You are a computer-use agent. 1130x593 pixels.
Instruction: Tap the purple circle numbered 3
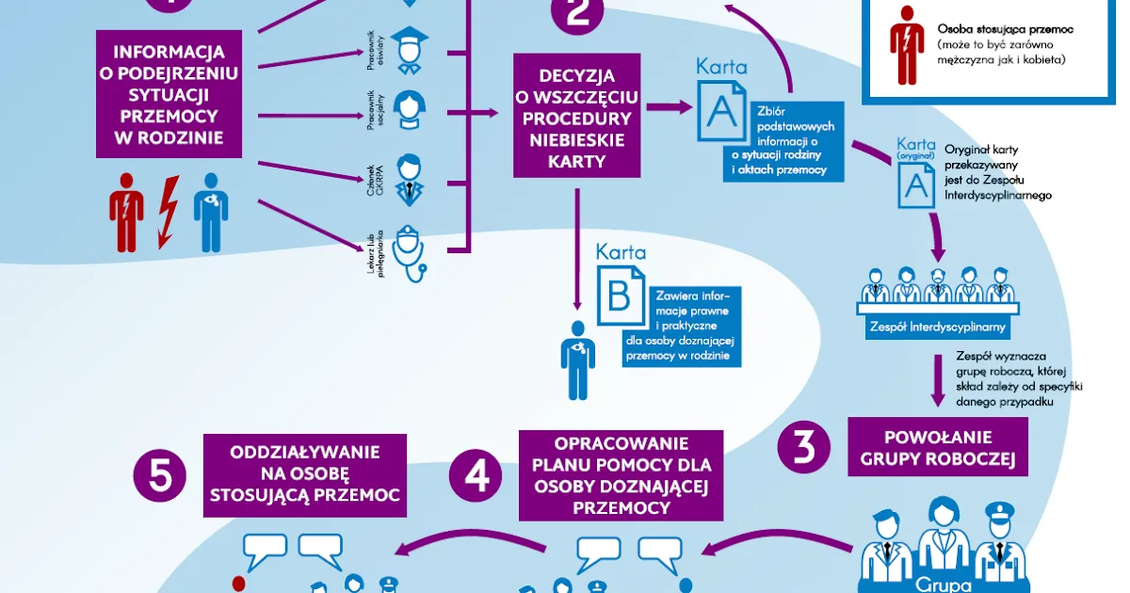(x=804, y=449)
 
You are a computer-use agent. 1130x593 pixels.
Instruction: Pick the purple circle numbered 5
(x=161, y=477)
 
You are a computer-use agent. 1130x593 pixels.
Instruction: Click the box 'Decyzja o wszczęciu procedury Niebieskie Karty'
(x=577, y=115)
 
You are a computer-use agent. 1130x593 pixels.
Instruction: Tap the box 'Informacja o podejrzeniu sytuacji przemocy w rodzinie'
(x=169, y=93)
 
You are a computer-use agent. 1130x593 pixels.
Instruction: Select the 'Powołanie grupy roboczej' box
(x=937, y=448)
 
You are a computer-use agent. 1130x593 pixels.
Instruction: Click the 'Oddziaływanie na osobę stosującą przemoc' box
(x=305, y=474)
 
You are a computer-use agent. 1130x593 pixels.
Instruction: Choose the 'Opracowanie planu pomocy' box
(x=621, y=475)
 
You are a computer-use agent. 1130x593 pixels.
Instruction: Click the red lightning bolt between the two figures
(x=167, y=212)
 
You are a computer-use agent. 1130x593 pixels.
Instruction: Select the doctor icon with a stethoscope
(x=408, y=250)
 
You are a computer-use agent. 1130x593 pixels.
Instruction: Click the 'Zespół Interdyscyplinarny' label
(x=936, y=328)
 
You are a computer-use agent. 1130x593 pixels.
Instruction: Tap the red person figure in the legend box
(x=906, y=44)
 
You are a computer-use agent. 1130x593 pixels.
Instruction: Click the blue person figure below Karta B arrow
(x=576, y=359)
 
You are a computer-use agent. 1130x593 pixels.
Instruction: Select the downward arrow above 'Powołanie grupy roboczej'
(x=938, y=378)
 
